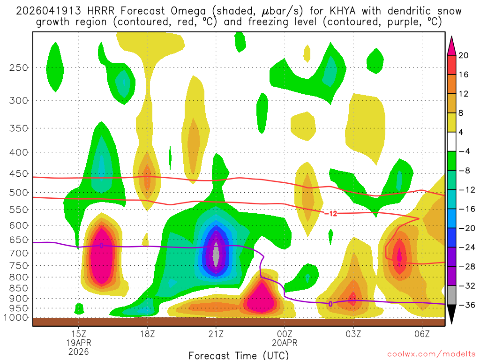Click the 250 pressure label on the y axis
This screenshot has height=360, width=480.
(x=18, y=67)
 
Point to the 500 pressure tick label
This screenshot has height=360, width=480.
(x=18, y=192)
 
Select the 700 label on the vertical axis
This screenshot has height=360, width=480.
(x=18, y=253)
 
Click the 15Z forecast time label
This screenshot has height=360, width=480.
(x=78, y=334)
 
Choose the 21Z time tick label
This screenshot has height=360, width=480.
(x=216, y=334)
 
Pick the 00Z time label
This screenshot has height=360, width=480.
(x=285, y=334)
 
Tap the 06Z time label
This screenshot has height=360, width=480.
(x=422, y=334)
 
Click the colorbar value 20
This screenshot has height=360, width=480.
(x=464, y=55)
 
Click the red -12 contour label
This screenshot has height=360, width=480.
(x=330, y=214)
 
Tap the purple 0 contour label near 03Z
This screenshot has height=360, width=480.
(x=330, y=304)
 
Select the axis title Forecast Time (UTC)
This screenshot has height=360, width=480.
(x=239, y=355)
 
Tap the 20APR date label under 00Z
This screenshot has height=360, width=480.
(x=285, y=343)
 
